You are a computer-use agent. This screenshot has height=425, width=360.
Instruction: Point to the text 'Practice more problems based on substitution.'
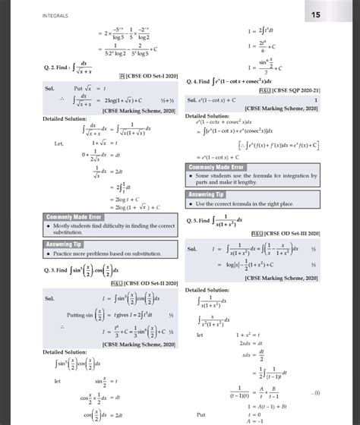coord(96,255)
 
